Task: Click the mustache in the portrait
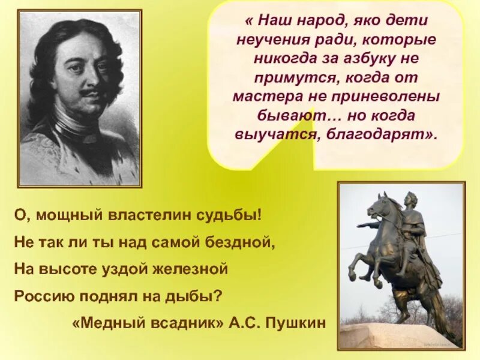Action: tap(85, 94)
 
